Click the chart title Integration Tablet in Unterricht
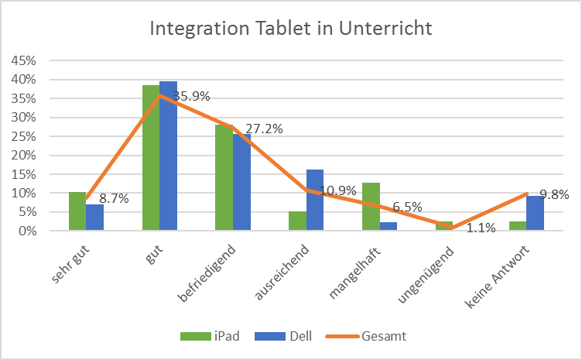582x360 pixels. (290, 29)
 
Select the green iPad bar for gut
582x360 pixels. (150, 158)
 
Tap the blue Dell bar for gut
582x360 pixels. (168, 156)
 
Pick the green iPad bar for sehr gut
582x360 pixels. (77, 211)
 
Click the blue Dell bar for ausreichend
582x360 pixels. (315, 200)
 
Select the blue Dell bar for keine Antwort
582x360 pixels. (535, 213)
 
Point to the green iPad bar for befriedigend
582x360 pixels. (224, 177)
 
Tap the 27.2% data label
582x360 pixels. (264, 129)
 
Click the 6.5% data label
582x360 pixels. (407, 207)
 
